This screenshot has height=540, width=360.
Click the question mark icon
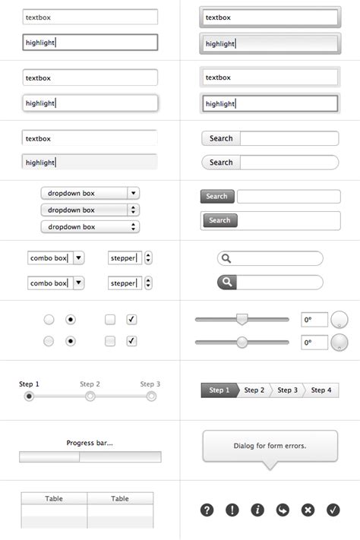207,510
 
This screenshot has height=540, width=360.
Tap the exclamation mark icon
232,510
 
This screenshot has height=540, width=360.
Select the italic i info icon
257,510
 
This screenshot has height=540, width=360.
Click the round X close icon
308,510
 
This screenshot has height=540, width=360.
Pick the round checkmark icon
333,510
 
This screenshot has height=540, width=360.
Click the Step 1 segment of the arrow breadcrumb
219,390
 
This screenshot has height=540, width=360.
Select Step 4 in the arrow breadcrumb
321,390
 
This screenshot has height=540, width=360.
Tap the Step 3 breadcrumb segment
287,390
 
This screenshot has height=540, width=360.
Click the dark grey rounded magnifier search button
227,283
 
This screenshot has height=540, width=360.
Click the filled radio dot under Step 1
29,396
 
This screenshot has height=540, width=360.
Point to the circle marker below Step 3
151,396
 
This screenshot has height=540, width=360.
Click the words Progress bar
90,443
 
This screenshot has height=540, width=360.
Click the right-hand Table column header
120,499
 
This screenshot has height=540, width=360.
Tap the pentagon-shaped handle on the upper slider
242,319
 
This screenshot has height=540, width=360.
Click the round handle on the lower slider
242,343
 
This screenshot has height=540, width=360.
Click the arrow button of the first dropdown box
133,194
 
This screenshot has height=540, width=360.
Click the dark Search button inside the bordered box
219,220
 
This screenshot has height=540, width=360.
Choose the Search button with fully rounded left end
220,163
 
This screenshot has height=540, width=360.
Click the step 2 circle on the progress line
90,396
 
